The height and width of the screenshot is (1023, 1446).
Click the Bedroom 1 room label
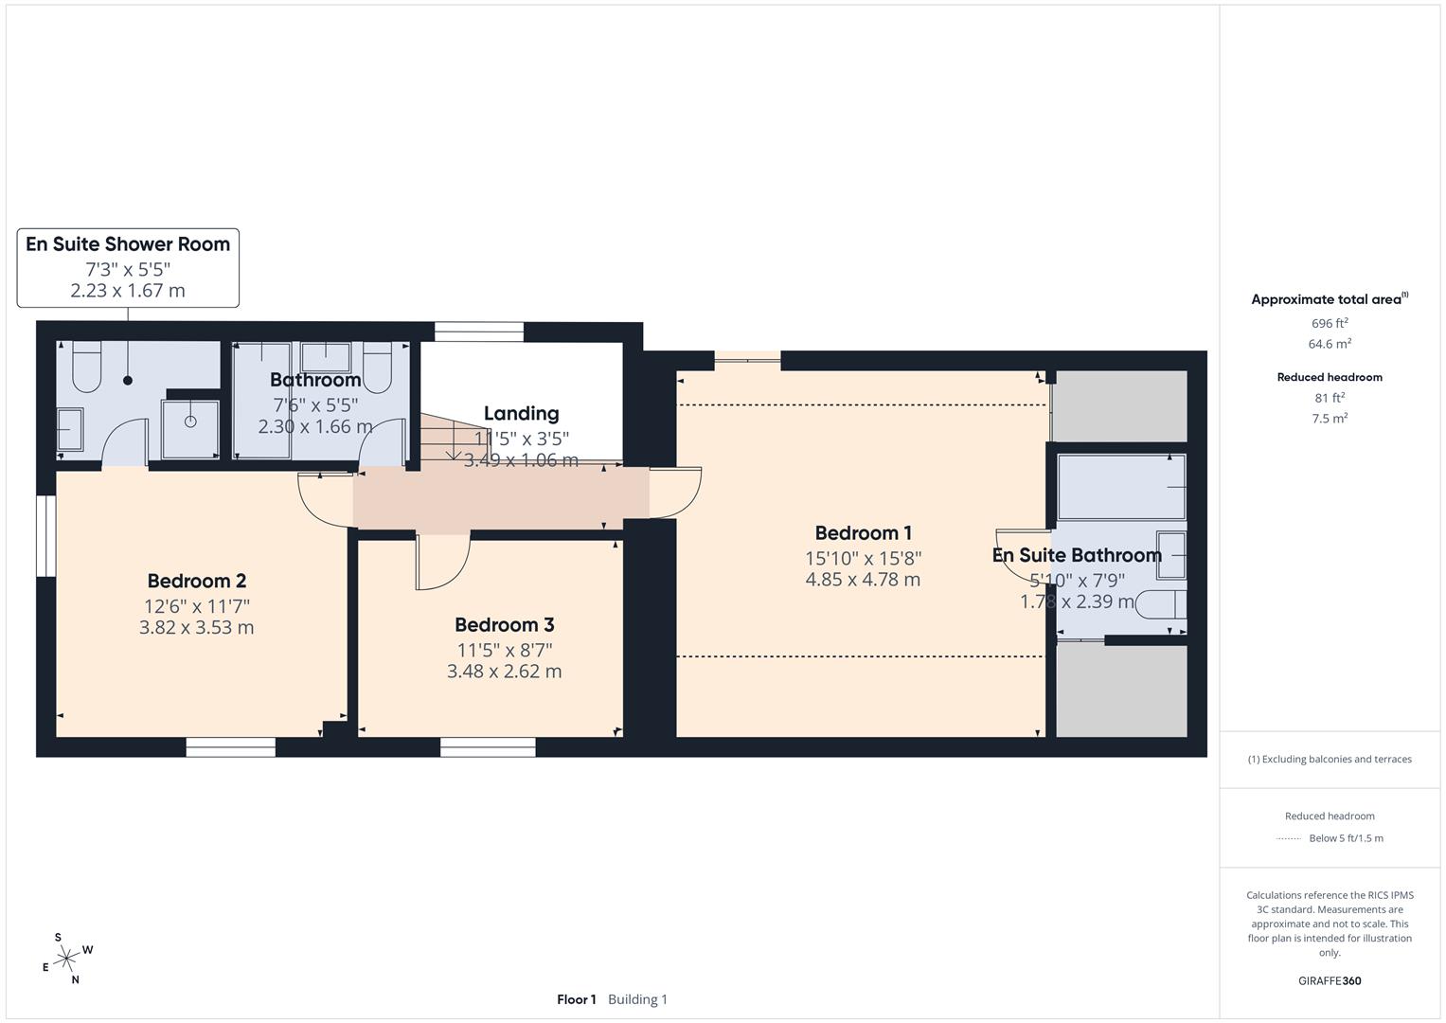pos(863,533)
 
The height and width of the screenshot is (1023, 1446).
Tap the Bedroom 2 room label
pos(197,581)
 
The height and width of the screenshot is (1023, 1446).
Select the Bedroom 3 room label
pos(504,624)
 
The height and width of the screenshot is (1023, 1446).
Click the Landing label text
pos(521,413)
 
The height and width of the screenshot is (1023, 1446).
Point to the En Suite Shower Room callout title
pos(128,244)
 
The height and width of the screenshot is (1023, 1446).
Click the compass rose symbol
pos(66,960)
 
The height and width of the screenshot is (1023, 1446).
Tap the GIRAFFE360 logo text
pos(1329,980)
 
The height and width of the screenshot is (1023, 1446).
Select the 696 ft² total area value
pos(1329,323)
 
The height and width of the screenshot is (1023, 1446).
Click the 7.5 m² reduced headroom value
pos(1329,418)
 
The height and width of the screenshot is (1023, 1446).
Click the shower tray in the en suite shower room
pos(190,422)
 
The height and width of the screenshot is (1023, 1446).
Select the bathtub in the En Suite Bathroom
pos(1120,487)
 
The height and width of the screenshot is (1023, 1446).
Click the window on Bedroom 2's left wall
pos(45,534)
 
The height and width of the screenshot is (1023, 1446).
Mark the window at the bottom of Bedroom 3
pos(488,747)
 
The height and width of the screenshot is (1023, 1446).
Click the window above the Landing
pos(478,332)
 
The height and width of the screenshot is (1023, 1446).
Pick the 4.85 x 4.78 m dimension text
pos(863,580)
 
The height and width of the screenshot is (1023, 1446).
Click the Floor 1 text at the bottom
pos(576,999)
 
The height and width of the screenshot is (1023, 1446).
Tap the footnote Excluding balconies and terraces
pos(1329,759)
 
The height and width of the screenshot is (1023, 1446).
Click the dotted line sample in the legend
pos(1289,838)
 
